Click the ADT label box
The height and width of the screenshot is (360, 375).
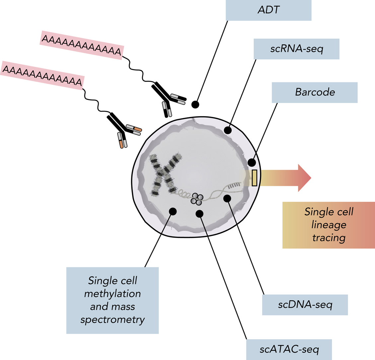coord(268,10)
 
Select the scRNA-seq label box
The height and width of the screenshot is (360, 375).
coord(296,49)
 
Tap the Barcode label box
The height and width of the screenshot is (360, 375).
coord(314,92)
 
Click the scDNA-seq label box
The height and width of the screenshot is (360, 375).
coord(305,305)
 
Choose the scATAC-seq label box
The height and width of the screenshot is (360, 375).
coord(289,349)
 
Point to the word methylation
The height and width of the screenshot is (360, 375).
coord(112,294)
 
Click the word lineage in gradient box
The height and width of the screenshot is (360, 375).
coord(329,225)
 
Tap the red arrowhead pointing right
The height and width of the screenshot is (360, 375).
coord(304,178)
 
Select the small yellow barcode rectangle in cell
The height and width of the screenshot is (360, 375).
coord(255,178)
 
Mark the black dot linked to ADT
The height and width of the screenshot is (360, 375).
coord(195,105)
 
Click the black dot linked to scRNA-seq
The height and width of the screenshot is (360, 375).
coord(228,130)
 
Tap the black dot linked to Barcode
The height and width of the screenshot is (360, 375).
coord(252,163)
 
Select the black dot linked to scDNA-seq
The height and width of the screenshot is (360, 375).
coord(227,198)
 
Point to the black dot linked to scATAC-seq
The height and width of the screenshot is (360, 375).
coord(199,214)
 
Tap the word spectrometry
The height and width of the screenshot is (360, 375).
coord(112,320)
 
